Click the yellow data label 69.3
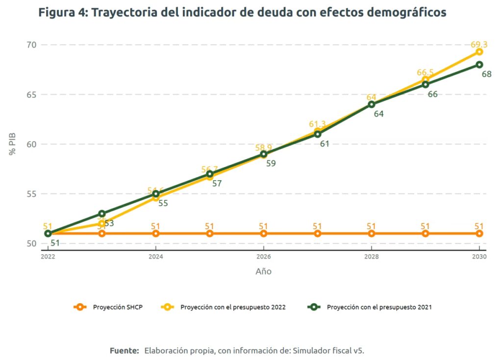479,45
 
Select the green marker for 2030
479,65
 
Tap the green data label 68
486,74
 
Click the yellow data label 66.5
425,72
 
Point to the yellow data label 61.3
317,124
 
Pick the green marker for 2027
318,134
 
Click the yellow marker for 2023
102,223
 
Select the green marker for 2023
102,214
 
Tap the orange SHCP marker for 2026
264,234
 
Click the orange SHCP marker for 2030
479,234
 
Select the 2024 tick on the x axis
156,257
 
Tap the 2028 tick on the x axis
371,257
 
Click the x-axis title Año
263,271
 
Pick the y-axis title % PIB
13,144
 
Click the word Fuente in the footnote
124,351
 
